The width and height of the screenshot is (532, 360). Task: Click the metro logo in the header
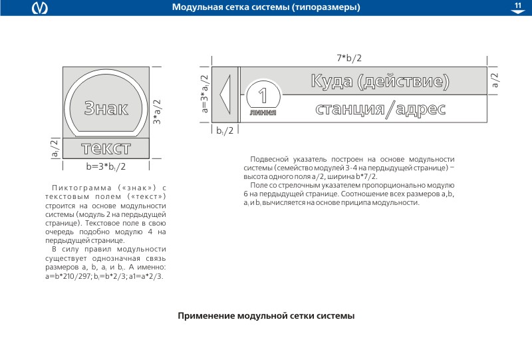pyautogui.click(x=41, y=8)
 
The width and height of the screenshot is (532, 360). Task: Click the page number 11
pyautogui.click(x=517, y=6)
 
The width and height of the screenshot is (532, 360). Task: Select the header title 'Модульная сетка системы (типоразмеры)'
pyautogui.click(x=266, y=8)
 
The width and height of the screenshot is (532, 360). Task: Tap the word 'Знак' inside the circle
pyautogui.click(x=106, y=109)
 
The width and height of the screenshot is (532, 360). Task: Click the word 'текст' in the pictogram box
pyautogui.click(x=106, y=148)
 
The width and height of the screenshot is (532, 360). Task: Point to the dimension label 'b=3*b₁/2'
pyautogui.click(x=106, y=166)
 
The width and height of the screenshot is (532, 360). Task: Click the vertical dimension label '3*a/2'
pyautogui.click(x=158, y=111)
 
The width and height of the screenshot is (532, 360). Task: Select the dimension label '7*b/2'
pyautogui.click(x=349, y=59)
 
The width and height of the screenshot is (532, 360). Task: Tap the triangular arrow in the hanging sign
pyautogui.click(x=225, y=93)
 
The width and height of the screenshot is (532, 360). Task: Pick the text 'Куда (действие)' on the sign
pyautogui.click(x=380, y=82)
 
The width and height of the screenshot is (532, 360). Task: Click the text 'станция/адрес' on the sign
pyautogui.click(x=380, y=108)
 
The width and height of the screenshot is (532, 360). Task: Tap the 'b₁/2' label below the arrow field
pyautogui.click(x=225, y=130)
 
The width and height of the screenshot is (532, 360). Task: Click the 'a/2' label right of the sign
pyautogui.click(x=495, y=80)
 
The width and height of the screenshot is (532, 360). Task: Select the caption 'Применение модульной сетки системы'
pyautogui.click(x=266, y=315)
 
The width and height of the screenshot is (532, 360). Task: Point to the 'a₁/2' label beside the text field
pyautogui.click(x=55, y=148)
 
